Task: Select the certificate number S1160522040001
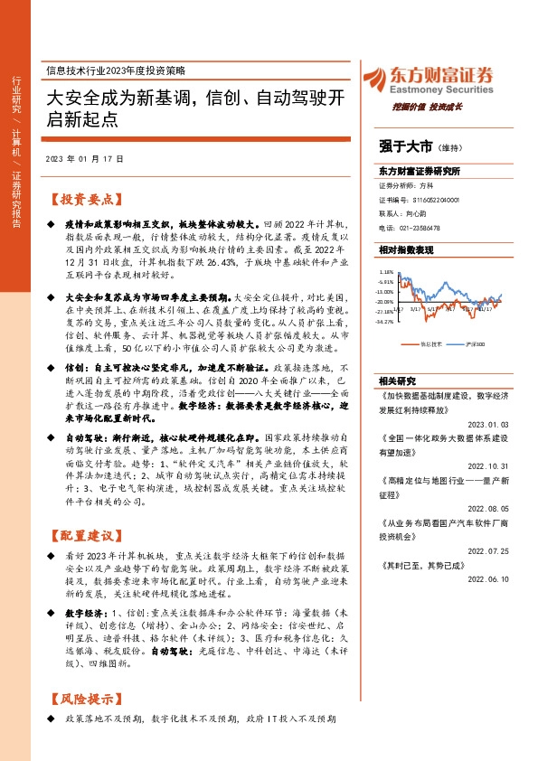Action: coord(420,200)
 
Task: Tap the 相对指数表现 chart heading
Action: coord(406,249)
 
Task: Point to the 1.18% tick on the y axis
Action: coord(386,270)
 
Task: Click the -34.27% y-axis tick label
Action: coord(385,321)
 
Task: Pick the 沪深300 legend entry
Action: coord(474,344)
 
